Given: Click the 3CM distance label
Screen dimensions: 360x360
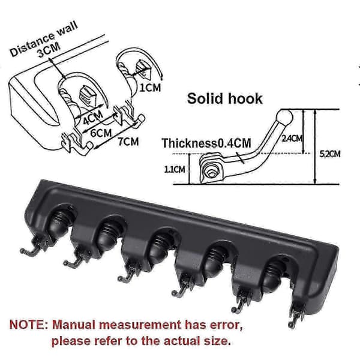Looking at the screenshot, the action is (49, 50).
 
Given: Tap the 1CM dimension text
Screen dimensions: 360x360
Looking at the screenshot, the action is (151, 88).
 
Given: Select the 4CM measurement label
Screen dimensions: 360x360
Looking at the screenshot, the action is (93, 118).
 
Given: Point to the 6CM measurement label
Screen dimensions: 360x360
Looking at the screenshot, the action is (101, 133).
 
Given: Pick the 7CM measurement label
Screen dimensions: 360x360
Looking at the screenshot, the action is (128, 142).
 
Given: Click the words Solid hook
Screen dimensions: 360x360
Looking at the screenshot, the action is (224, 98).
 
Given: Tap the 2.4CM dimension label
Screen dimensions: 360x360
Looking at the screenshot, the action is (292, 138).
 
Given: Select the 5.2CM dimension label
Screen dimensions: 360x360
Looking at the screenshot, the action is (330, 154).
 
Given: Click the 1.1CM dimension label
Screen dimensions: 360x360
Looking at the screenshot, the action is (175, 169).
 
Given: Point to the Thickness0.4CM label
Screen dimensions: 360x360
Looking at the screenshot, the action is (206, 143).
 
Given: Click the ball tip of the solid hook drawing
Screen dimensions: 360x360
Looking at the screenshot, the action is (284, 117).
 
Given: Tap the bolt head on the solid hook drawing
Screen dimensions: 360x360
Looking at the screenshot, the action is (211, 173).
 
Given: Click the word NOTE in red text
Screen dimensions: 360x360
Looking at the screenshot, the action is (28, 325).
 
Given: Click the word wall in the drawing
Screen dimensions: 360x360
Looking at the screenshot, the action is (67, 29).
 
